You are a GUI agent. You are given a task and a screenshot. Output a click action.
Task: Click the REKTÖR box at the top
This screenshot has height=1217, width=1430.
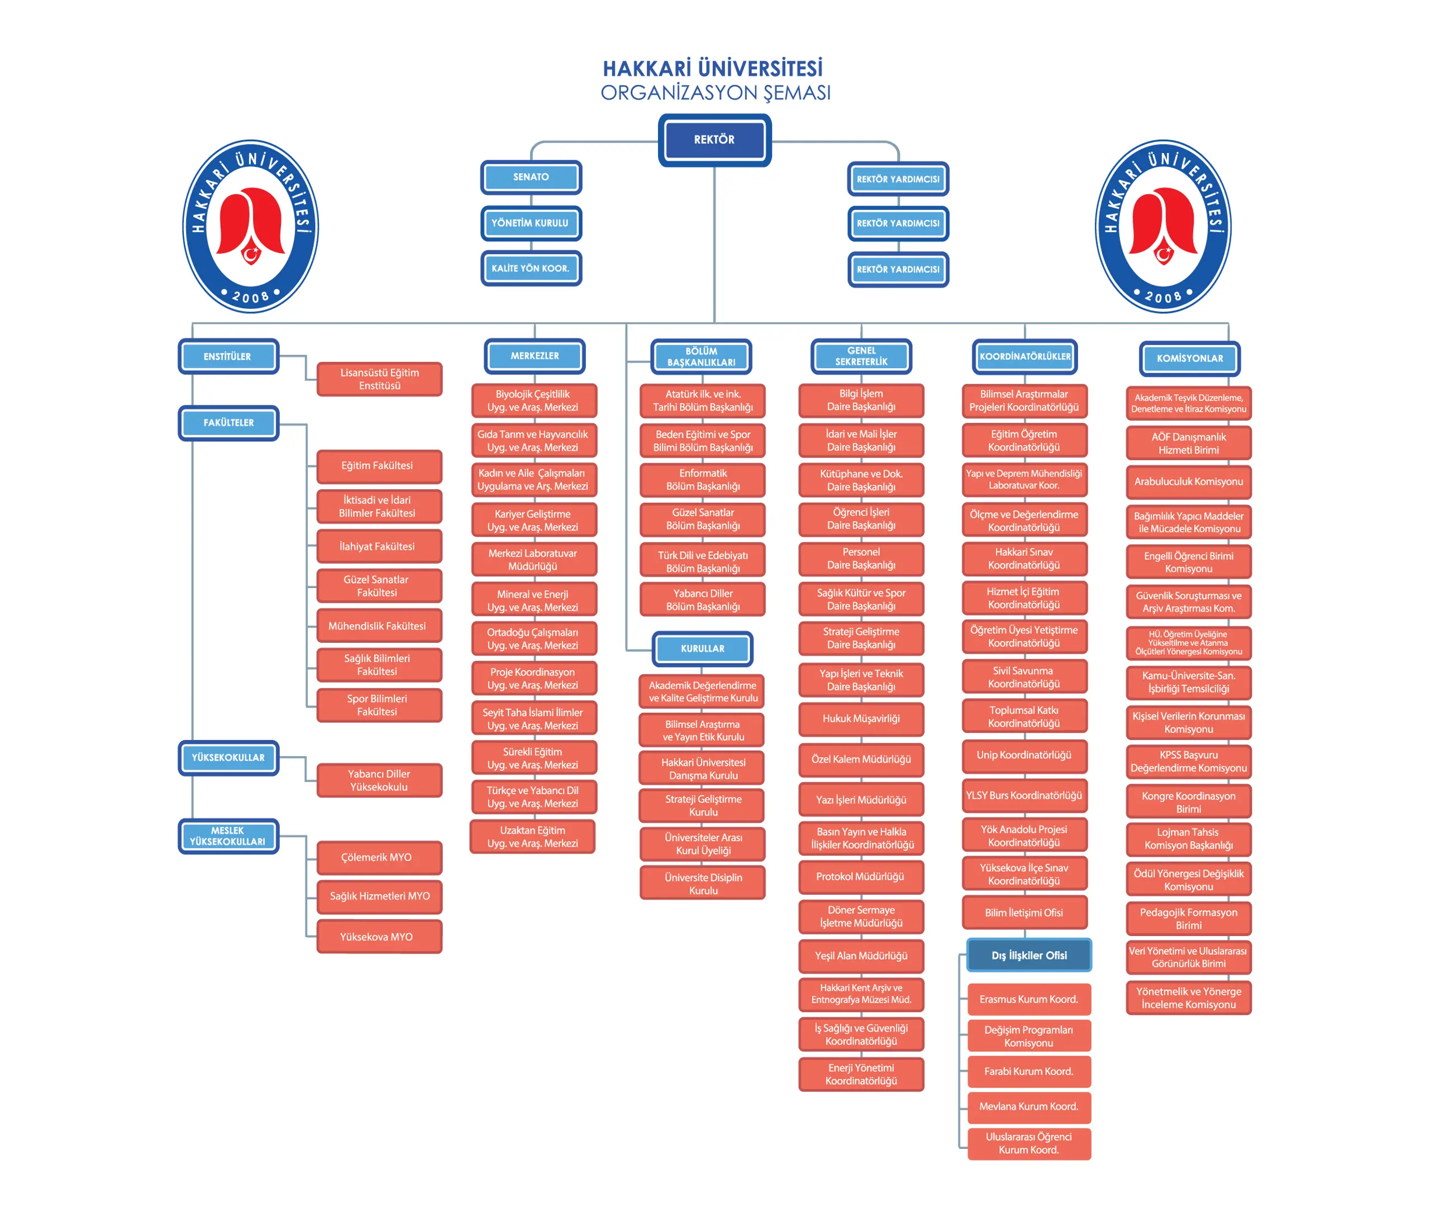pyautogui.click(x=714, y=140)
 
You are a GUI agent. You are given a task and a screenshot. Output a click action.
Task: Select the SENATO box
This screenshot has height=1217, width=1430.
pyautogui.click(x=531, y=177)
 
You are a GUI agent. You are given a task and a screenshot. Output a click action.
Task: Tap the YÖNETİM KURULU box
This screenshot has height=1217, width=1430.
pyautogui.click(x=531, y=223)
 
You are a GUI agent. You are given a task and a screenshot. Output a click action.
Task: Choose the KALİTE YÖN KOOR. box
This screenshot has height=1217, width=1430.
pyautogui.click(x=531, y=269)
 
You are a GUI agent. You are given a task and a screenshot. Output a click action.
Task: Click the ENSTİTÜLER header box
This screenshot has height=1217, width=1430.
pyautogui.click(x=228, y=357)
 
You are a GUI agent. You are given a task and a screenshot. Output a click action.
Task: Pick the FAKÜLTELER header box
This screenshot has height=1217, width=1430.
pyautogui.click(x=228, y=423)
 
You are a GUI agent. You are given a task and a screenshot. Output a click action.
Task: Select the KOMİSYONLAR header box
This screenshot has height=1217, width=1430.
pyautogui.click(x=1189, y=359)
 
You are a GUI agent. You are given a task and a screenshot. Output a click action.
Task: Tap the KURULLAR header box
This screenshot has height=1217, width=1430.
pyautogui.click(x=702, y=648)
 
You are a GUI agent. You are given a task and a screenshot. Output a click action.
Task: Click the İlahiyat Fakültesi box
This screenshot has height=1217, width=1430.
pyautogui.click(x=378, y=546)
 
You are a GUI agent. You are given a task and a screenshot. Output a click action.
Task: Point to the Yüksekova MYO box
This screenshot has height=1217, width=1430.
pyautogui.click(x=378, y=937)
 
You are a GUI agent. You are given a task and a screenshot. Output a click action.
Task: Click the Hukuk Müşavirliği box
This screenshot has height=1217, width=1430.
pyautogui.click(x=861, y=719)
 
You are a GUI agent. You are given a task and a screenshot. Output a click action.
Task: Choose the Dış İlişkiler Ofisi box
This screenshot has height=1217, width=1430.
pyautogui.click(x=1028, y=956)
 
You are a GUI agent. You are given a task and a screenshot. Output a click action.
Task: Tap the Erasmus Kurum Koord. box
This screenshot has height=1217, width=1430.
pyautogui.click(x=1028, y=999)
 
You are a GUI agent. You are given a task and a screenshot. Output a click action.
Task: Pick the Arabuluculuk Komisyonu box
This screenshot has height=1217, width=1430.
pyautogui.click(x=1189, y=481)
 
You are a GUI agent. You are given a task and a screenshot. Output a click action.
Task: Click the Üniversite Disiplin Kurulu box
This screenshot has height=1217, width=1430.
pyautogui.click(x=703, y=884)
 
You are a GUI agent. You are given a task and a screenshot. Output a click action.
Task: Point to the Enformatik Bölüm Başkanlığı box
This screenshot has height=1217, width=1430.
pyautogui.click(x=703, y=480)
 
